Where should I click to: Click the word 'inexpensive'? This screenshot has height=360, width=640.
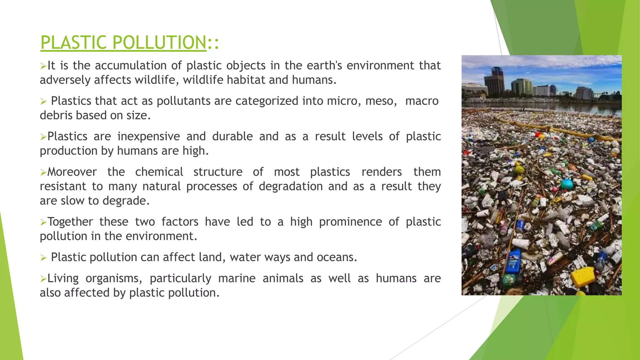(x=148, y=137)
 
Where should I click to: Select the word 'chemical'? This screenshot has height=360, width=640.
(x=159, y=172)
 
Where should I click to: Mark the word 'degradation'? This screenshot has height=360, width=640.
(x=291, y=187)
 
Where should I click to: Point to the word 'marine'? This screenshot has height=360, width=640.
(x=237, y=278)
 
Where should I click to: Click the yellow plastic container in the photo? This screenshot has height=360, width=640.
(x=583, y=276)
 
